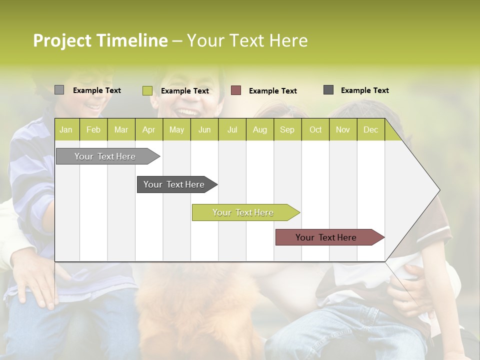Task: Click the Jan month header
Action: pos(66,129)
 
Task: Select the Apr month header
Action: pos(148,129)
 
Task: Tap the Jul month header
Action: pos(232,129)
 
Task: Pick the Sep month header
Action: pos(287,129)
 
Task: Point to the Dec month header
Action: pos(370,129)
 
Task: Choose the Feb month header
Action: pos(93,129)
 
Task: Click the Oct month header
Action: pos(315,129)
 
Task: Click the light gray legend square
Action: pos(59,90)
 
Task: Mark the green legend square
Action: pos(147,90)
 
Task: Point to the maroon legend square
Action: pos(236,90)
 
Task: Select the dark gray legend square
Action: pos(328,90)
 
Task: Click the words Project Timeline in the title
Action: pos(100,40)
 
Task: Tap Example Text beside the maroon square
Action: pos(272,91)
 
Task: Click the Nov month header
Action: pos(343,129)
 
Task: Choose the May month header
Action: pos(176,129)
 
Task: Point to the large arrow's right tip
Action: pos(438,190)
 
